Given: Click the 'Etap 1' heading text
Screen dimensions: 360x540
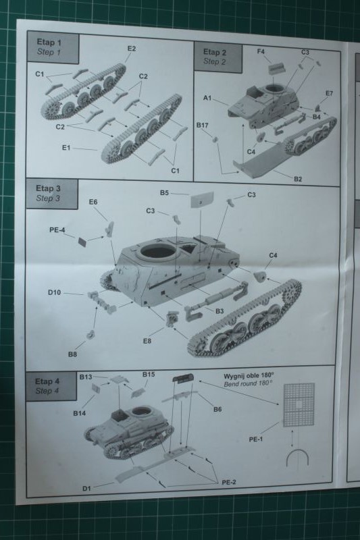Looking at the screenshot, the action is coord(49,43).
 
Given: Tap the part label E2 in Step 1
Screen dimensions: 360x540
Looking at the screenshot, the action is coord(132,49).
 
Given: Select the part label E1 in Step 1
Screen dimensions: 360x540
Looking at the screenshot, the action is coord(66,148).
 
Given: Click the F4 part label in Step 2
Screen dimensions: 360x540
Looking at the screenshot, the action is coord(261,52).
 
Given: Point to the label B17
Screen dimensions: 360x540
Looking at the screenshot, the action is coord(202,126).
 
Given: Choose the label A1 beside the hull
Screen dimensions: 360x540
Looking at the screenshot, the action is coord(207,98).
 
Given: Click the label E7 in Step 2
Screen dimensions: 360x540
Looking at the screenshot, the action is coord(329,93).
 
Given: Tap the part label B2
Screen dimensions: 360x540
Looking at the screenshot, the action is coord(298,179).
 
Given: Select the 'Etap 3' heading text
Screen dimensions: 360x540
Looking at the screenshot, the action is coord(48,188).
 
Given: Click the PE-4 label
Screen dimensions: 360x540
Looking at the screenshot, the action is coord(57,230).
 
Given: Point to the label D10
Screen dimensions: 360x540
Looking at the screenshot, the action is coord(55,292).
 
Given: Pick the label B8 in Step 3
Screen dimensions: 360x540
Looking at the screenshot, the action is coord(72,354).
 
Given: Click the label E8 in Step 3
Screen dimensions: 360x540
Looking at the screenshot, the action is coord(147,341).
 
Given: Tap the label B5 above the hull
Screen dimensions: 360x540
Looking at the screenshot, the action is coord(164,193).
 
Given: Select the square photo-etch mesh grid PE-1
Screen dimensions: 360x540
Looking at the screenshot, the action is coord(299,405).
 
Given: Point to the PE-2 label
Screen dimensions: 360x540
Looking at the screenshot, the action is coord(229,482).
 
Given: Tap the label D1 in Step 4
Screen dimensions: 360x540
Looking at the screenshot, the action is coord(86,488).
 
